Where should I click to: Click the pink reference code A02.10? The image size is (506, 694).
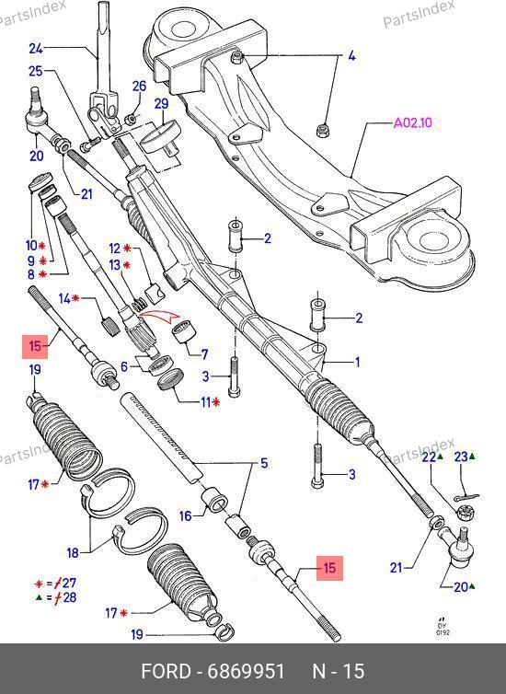point(412,122)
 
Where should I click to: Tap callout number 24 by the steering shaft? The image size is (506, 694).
point(36,48)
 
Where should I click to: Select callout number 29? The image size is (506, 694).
point(161,104)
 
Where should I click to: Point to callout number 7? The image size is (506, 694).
point(204,354)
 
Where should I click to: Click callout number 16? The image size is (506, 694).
point(186,515)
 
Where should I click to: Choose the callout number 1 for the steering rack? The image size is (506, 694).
point(357,362)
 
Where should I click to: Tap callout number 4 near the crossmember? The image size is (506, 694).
point(351,56)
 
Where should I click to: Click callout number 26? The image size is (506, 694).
point(139,86)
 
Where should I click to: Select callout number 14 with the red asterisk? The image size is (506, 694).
point(64,299)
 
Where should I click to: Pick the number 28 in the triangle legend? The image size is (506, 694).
point(69,597)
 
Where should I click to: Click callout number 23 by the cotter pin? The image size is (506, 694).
point(461,456)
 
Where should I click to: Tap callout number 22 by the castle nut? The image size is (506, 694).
point(429,457)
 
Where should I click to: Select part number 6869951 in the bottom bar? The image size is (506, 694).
point(246,671)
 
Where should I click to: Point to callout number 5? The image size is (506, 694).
point(264,463)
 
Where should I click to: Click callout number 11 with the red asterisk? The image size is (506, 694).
point(206,402)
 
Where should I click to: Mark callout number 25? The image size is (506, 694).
point(36,70)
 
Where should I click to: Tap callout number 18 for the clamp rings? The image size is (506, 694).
point(73,552)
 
